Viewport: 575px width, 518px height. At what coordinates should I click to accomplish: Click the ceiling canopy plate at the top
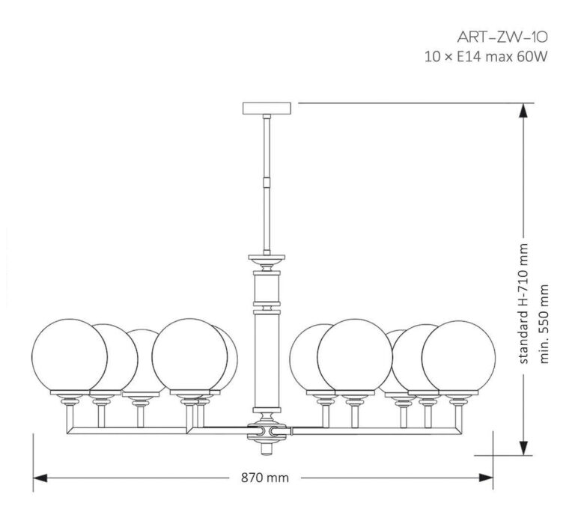[x=266, y=108]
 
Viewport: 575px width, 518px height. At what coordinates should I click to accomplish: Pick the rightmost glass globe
[x=458, y=356]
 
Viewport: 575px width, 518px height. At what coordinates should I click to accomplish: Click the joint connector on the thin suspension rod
[x=267, y=182]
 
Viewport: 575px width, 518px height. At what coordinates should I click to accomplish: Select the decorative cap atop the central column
[x=267, y=263]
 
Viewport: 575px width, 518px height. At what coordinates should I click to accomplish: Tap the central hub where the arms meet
[x=267, y=431]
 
